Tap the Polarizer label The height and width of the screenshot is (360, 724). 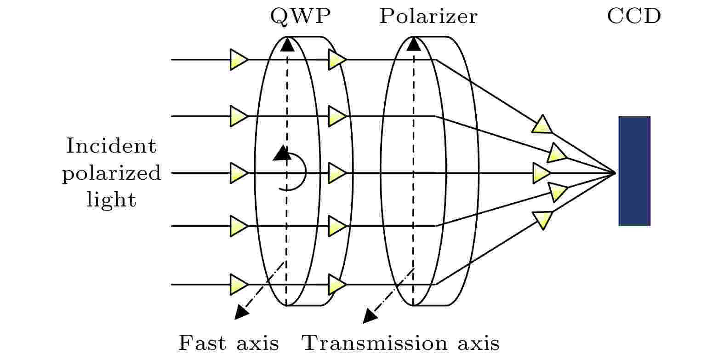click(428, 16)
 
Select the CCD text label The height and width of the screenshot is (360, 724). click(634, 16)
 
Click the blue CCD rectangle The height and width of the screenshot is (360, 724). click(634, 171)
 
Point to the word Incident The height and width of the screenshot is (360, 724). click(111, 146)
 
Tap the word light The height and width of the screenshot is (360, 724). click(111, 200)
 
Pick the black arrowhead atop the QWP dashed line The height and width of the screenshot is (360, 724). click(287, 44)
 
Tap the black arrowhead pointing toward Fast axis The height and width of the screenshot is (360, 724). click(241, 312)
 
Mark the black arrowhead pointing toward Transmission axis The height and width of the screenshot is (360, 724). click(370, 316)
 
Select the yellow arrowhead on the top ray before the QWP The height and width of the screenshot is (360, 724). click(239, 59)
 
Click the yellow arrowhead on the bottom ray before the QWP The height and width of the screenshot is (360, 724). click(239, 285)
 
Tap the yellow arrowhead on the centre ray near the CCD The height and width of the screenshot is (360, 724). click(542, 173)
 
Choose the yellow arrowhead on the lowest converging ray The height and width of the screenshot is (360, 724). click(543, 220)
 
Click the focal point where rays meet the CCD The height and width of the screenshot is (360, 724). click(616, 173)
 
